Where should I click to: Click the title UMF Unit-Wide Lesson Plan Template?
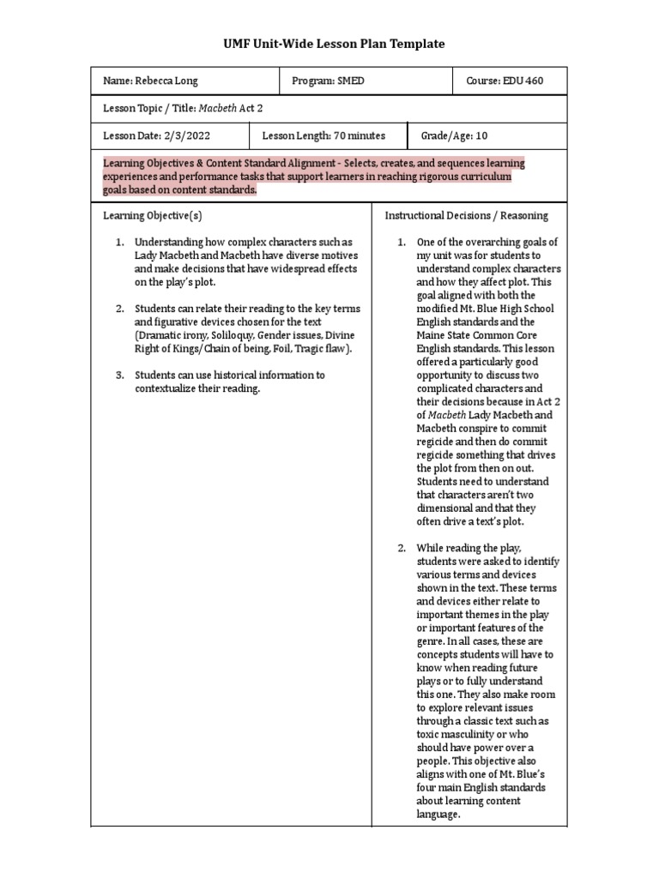(x=329, y=44)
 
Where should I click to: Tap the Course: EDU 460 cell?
(x=505, y=81)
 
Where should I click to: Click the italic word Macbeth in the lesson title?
(x=219, y=108)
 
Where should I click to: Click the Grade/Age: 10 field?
(x=454, y=135)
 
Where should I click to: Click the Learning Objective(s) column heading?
(x=153, y=215)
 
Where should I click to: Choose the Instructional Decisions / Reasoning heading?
(x=466, y=215)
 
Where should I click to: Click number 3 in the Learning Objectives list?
(x=120, y=375)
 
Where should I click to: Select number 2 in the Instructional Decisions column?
(x=402, y=548)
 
